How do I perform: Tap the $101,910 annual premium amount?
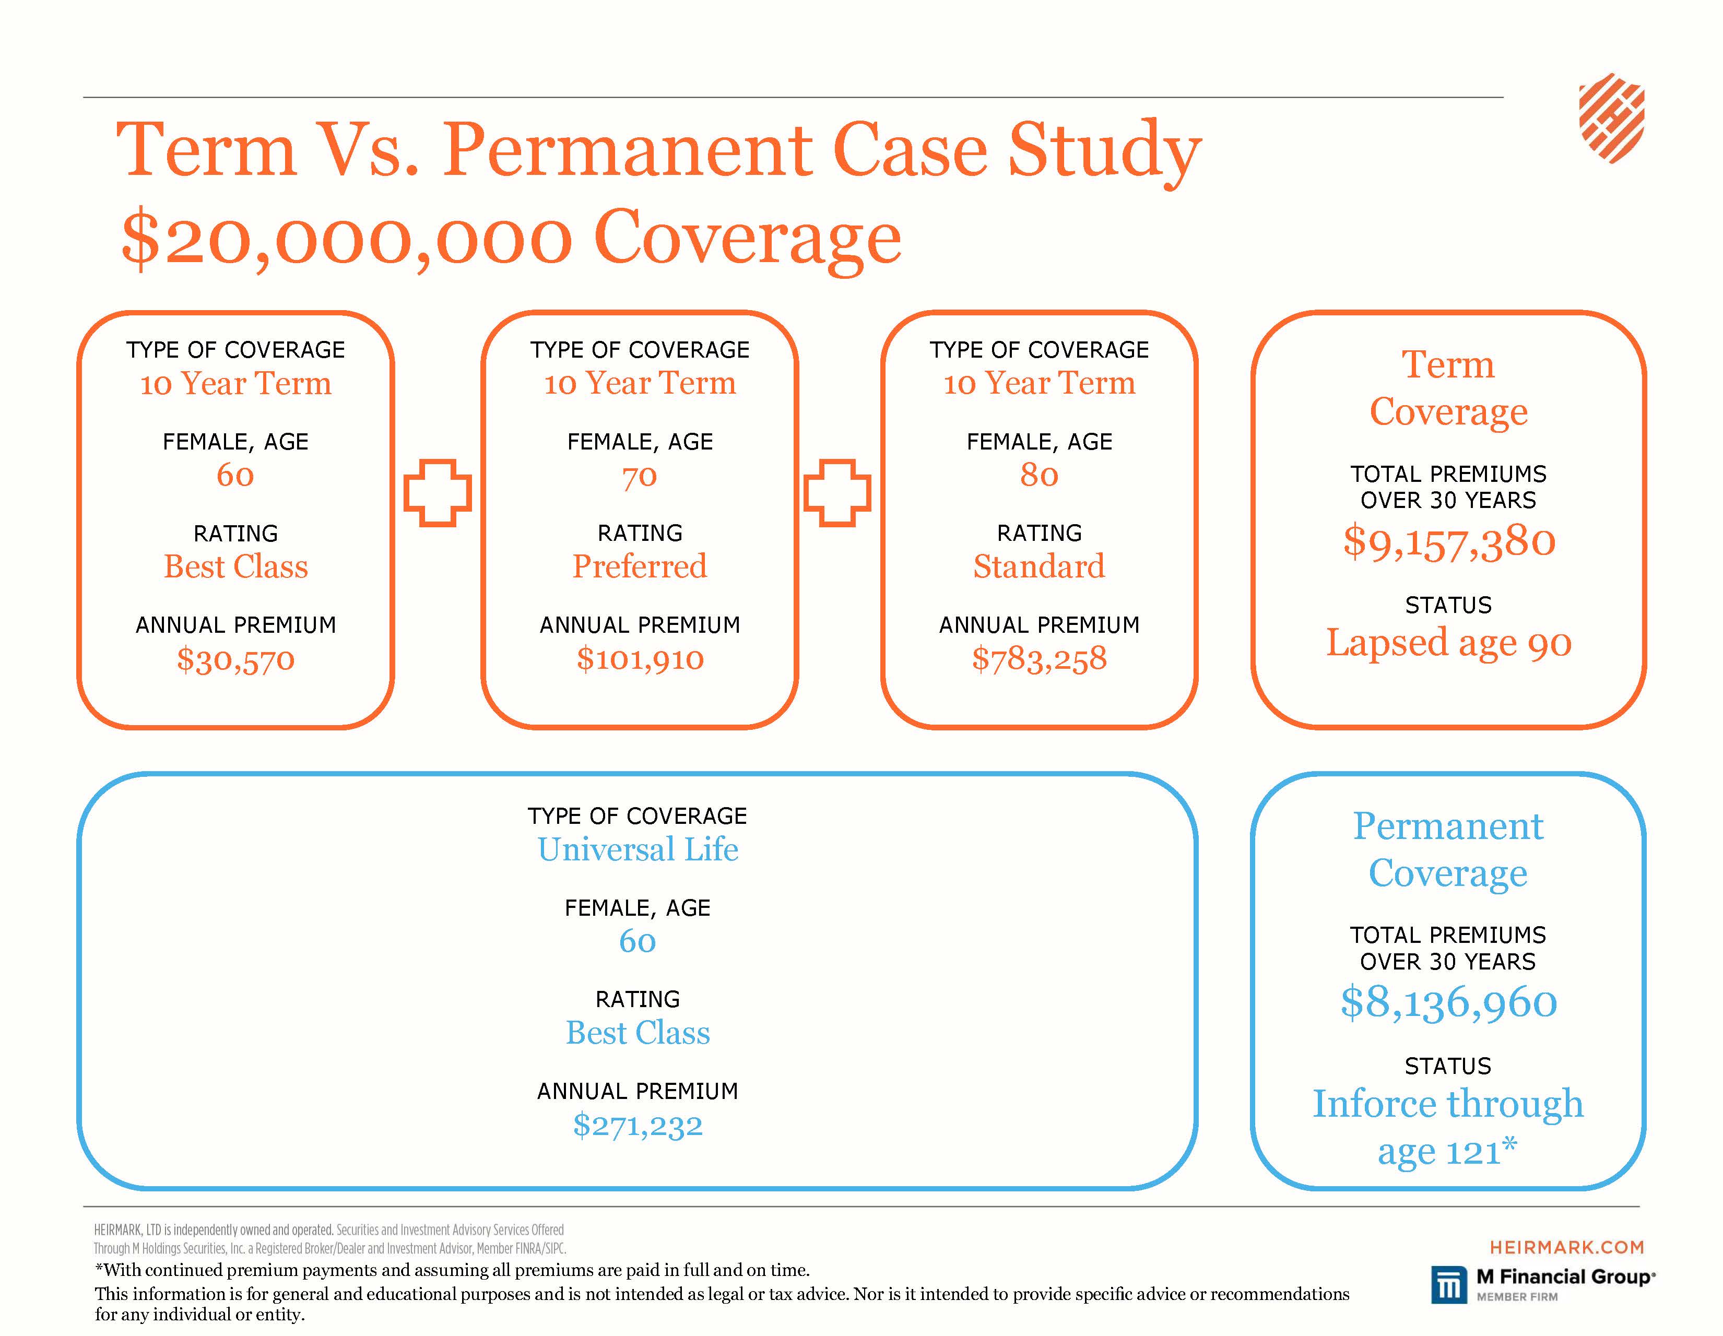tap(640, 658)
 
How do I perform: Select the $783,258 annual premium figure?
tap(1039, 658)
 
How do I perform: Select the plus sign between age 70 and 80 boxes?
tap(837, 493)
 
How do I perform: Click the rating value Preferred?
tap(640, 566)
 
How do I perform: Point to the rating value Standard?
tap(1039, 566)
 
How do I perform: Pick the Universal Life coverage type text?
tap(638, 849)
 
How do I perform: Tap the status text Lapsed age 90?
tap(1448, 643)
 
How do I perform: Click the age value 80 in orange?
tap(1039, 475)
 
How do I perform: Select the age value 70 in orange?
tap(640, 476)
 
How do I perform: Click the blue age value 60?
tap(638, 941)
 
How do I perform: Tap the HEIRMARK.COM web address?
tap(1566, 1247)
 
